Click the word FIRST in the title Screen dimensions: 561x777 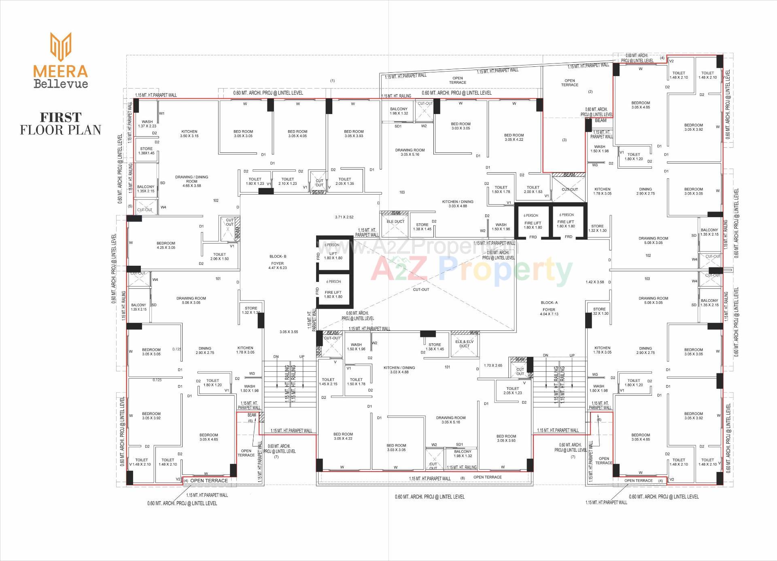click(61, 117)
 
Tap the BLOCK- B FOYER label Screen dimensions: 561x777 click(278, 262)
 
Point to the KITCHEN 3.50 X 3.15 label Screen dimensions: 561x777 click(189, 134)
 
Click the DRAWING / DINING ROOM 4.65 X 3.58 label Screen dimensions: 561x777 click(191, 181)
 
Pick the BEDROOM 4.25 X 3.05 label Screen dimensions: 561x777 click(166, 246)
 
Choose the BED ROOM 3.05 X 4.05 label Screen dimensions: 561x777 click(297, 134)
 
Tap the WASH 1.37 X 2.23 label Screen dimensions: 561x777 click(147, 124)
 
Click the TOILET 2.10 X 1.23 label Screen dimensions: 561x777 click(288, 181)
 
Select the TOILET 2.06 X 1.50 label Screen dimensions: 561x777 click(220, 256)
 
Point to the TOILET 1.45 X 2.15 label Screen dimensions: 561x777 click(328, 382)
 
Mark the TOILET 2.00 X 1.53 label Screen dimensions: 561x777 click(533, 189)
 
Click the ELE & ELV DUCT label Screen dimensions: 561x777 click(464, 344)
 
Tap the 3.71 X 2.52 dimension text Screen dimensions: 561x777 click(344, 217)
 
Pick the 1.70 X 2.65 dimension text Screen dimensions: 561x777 click(493, 366)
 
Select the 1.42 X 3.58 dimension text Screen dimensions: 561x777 click(594, 282)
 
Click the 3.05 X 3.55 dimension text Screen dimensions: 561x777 click(289, 332)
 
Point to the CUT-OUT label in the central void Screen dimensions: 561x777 click(421, 290)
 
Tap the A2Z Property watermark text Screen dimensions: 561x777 click(471, 270)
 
